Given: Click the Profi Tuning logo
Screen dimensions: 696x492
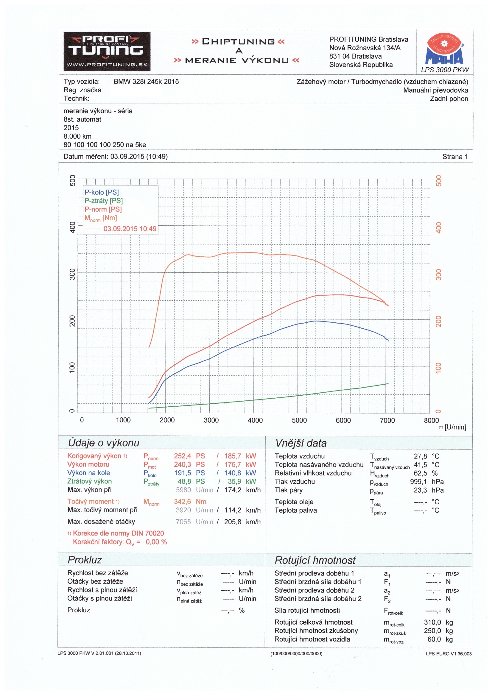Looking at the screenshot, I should [x=107, y=52].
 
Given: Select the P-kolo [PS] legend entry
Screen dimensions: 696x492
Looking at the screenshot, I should [x=102, y=192].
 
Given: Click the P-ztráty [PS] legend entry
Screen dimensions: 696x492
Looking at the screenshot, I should [x=103, y=201].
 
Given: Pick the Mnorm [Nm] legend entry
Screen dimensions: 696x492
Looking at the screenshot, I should [x=100, y=218].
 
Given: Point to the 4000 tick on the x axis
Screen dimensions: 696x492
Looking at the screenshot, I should [x=255, y=420].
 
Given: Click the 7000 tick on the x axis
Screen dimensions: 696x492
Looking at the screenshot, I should [x=387, y=420].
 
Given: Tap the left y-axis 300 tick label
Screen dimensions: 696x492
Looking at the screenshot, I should [x=72, y=274].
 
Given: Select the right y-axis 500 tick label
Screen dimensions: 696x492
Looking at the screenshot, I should [x=439, y=181].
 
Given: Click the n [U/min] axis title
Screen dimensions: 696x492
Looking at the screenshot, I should [x=452, y=427].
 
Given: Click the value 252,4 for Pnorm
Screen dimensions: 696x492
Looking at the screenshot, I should [x=182, y=456].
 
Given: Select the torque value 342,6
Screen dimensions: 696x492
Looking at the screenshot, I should [x=182, y=502].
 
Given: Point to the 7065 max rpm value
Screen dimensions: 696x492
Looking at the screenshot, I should [x=183, y=522].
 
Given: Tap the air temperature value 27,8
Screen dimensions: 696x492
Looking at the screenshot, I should [x=420, y=456].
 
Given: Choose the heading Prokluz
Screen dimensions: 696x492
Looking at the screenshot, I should [x=85, y=560].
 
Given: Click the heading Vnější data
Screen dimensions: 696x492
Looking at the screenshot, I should [x=301, y=443].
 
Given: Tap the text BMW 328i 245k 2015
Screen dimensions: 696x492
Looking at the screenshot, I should [x=146, y=82].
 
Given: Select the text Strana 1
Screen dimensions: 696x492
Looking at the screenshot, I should [x=455, y=157].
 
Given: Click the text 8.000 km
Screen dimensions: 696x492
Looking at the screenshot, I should [x=77, y=136].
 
